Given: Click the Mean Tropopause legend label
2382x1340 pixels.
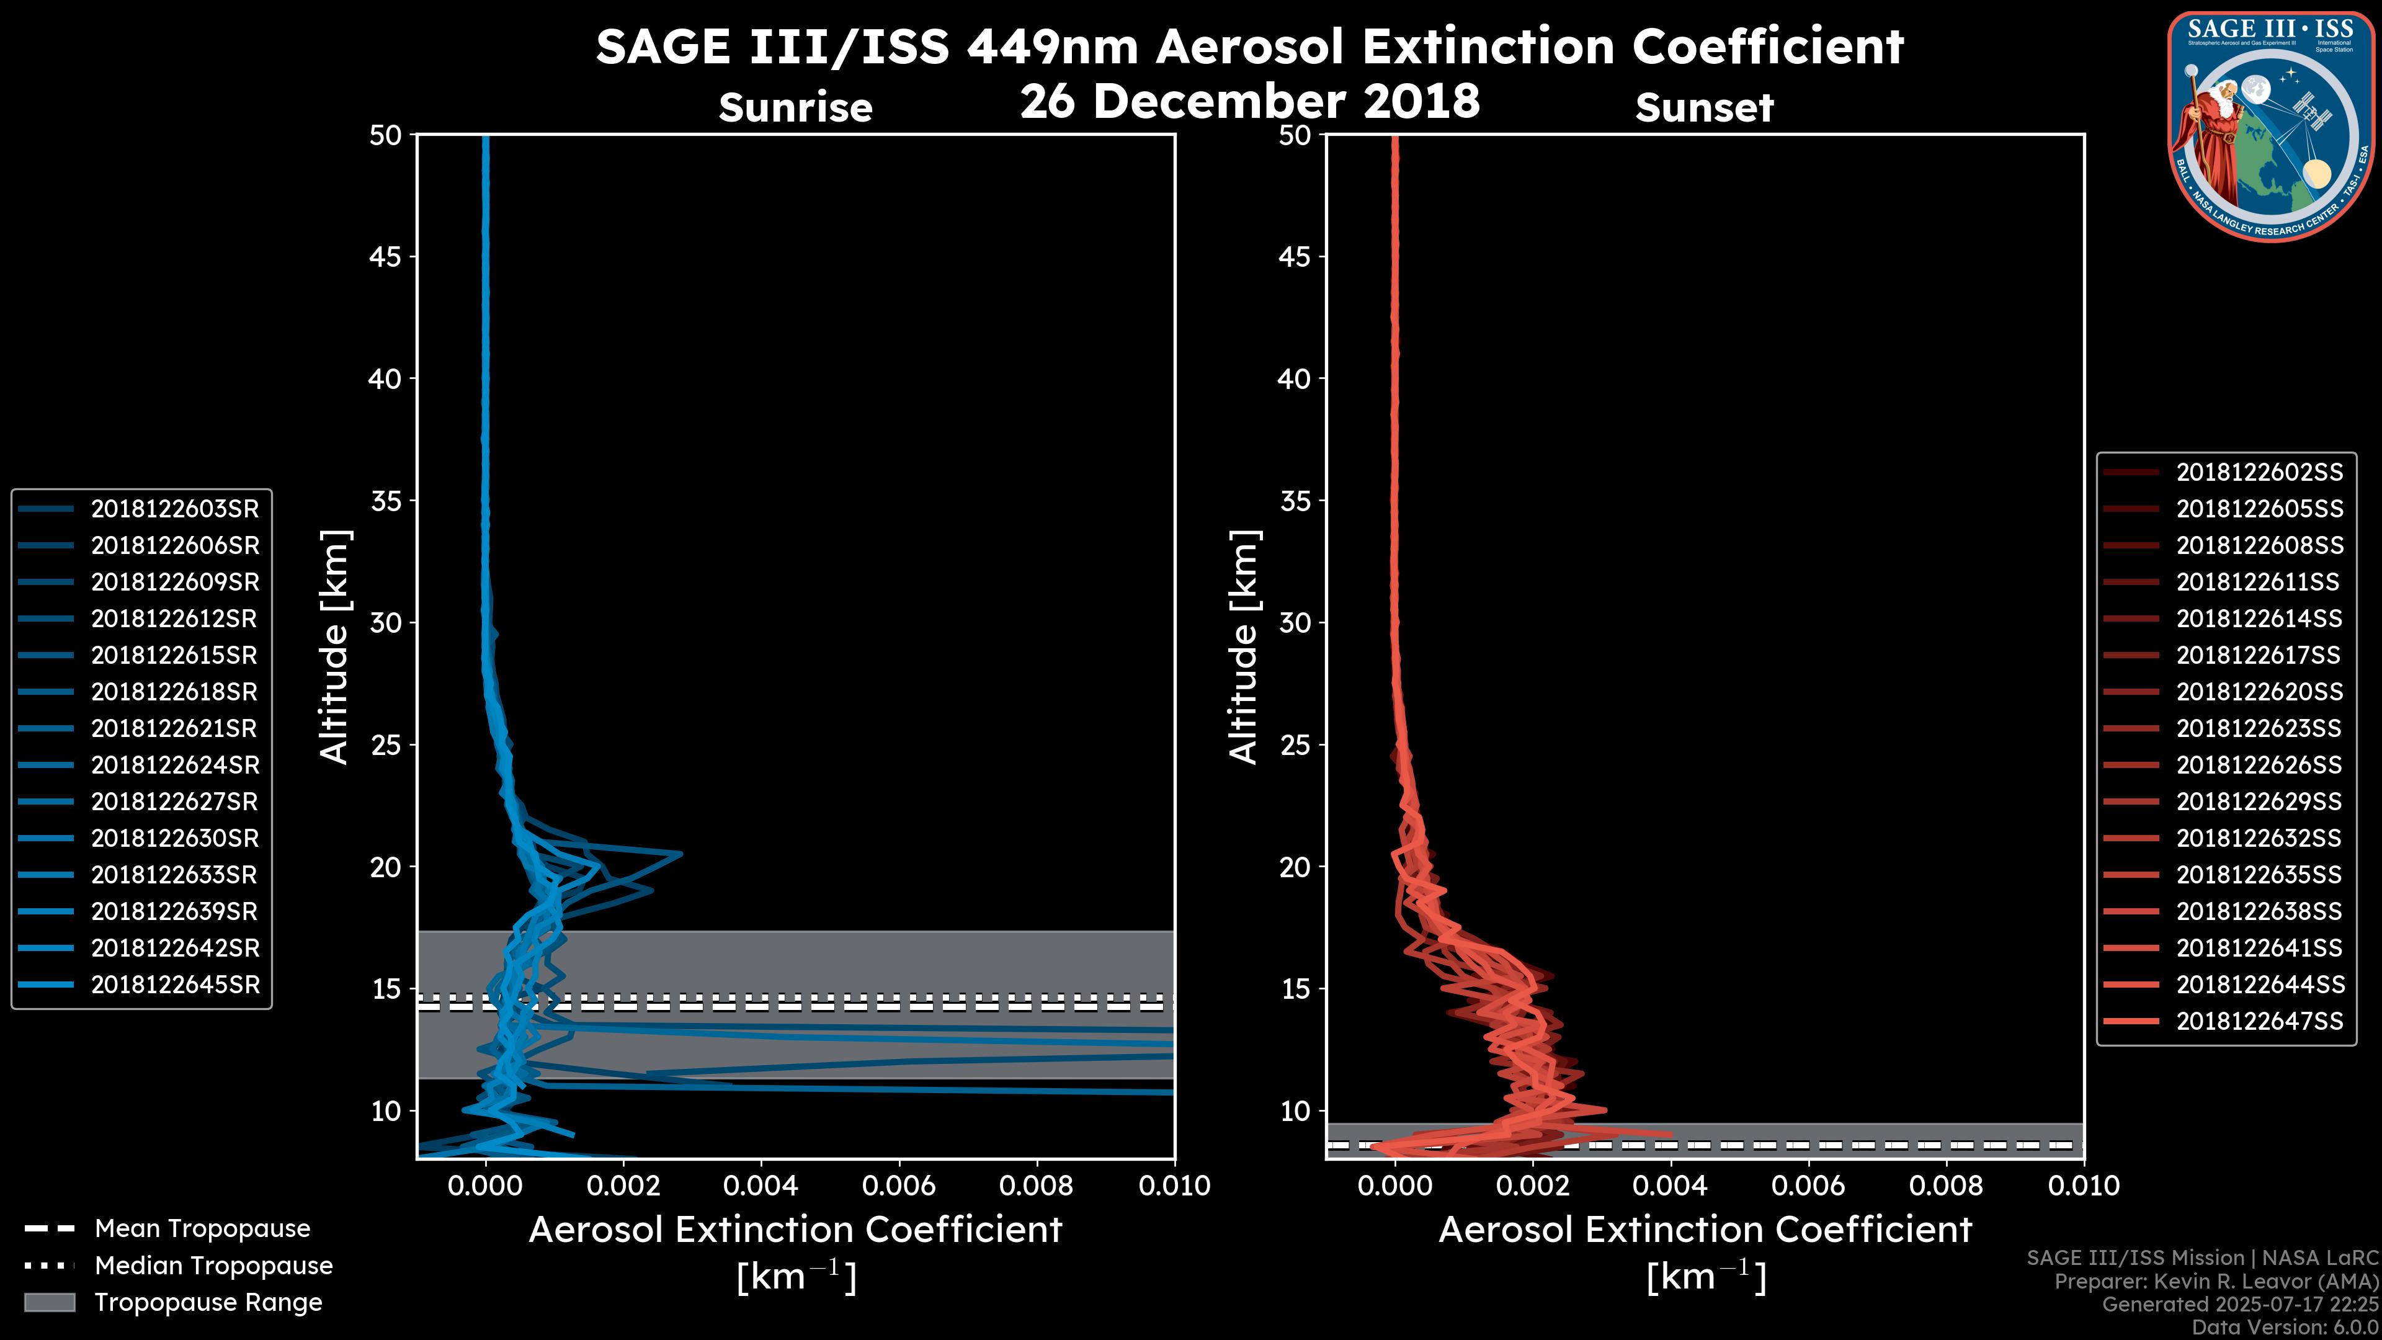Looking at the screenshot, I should tap(202, 1228).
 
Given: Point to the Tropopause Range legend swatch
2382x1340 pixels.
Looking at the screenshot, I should tap(49, 1302).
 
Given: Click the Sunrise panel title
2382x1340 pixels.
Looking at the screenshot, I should tap(795, 108).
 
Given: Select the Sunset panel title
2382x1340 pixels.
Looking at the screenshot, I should tap(1704, 108).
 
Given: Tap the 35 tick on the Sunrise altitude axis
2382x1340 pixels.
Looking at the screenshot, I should tap(386, 501).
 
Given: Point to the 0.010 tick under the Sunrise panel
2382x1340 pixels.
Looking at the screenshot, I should tap(1174, 1186).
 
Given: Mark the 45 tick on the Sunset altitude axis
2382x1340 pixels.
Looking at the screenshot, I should tap(1295, 256).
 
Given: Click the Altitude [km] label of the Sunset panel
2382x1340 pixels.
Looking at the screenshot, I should tap(1244, 647).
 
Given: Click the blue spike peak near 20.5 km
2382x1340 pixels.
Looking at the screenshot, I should tap(680, 854).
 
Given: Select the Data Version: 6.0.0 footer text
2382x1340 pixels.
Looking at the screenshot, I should tap(2286, 1327).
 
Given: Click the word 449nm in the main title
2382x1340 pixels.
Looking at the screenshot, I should tap(1052, 47).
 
